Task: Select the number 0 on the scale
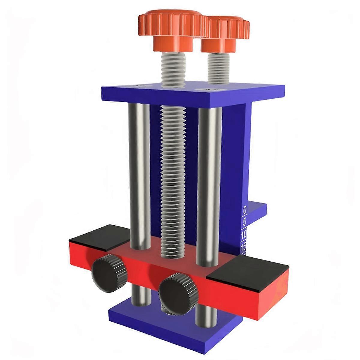tap(245, 209)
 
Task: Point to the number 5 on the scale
tap(244, 222)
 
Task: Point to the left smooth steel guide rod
tap(138, 174)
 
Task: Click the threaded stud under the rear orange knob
tap(218, 67)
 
